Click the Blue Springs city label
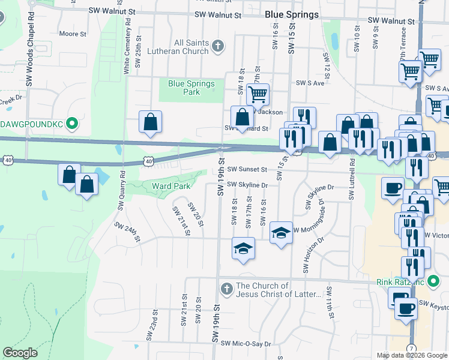(292, 14)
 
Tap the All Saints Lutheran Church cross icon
(217, 46)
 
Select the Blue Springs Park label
(191, 88)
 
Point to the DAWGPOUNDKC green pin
(72, 124)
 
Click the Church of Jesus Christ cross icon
(226, 289)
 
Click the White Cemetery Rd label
(127, 46)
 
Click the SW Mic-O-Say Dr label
(246, 344)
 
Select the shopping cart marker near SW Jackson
(258, 94)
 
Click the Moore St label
(74, 34)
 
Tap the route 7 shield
(411, 348)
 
